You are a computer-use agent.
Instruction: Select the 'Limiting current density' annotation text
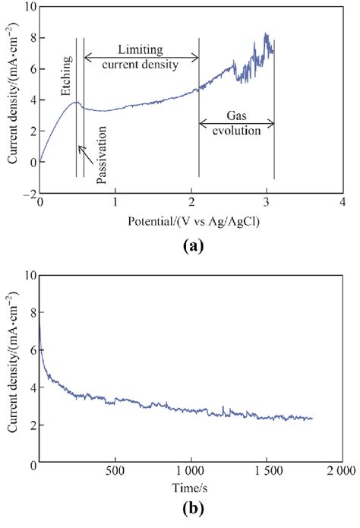(x=141, y=56)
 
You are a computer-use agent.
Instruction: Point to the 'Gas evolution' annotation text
(x=237, y=123)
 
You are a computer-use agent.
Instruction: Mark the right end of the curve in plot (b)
(x=312, y=419)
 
